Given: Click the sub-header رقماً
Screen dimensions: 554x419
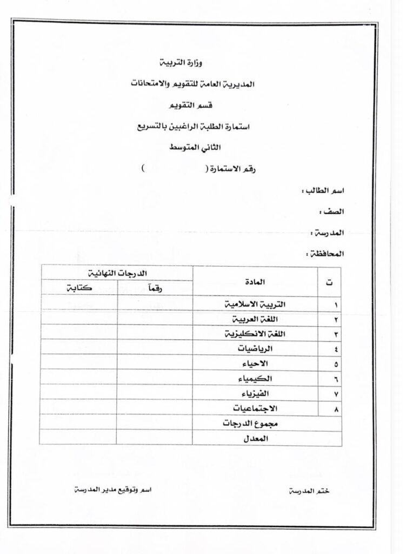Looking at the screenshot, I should tap(155, 288).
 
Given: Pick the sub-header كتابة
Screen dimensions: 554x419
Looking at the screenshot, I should tap(79, 288).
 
